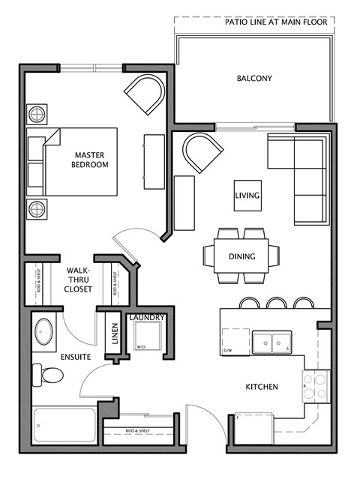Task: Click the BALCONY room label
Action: coord(253,78)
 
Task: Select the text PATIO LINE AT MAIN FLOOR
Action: coord(276,22)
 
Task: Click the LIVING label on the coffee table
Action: coord(247,196)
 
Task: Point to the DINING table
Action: coord(241,256)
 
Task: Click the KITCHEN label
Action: coord(262,387)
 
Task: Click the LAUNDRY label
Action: coord(146,318)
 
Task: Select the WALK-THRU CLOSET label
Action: coord(79,279)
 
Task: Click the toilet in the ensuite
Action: coord(44,376)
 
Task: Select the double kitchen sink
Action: coord(271,342)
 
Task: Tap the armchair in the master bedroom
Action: coord(143,95)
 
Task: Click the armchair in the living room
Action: coord(202,152)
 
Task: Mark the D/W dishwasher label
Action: coord(227,350)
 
